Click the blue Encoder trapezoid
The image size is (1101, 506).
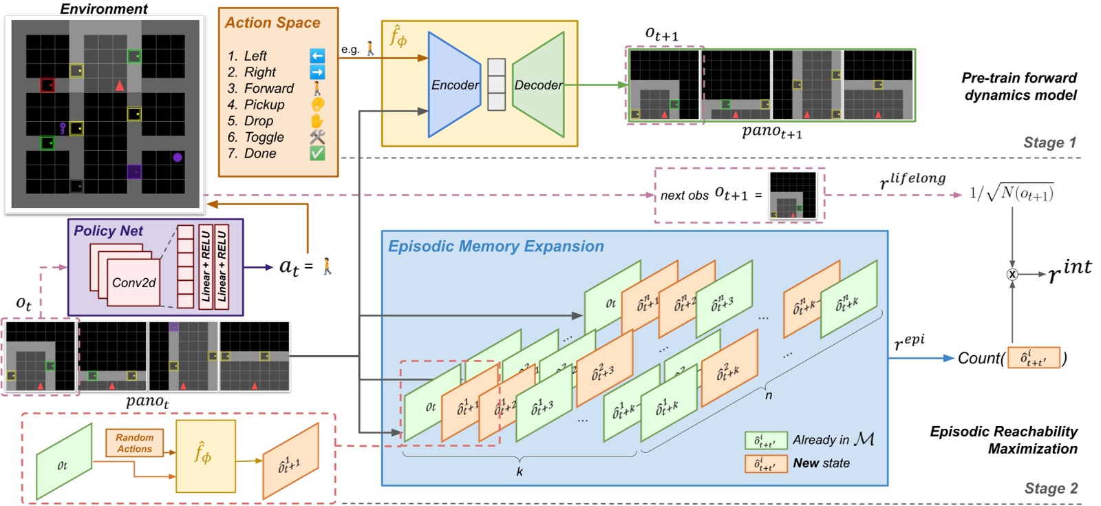pos(453,85)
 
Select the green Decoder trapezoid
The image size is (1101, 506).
pos(539,85)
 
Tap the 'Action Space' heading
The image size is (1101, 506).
pos(272,23)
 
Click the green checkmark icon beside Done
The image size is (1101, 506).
pos(317,153)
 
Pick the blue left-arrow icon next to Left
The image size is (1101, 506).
pos(317,56)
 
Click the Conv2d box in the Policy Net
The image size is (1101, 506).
pos(134,282)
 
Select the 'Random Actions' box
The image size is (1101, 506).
pos(134,443)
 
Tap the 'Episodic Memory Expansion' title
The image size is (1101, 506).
pos(495,246)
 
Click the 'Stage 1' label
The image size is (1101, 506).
pos(1049,143)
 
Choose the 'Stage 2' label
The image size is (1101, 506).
pos(1051,488)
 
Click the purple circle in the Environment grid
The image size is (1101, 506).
pos(178,158)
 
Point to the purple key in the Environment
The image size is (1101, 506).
pos(63,127)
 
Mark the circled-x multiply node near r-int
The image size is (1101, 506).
pos(1012,274)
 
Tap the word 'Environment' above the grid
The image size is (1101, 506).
pos(104,9)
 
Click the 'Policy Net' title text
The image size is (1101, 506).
pos(108,231)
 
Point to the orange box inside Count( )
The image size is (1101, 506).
pos(1034,358)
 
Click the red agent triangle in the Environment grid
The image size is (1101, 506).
pos(120,86)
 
